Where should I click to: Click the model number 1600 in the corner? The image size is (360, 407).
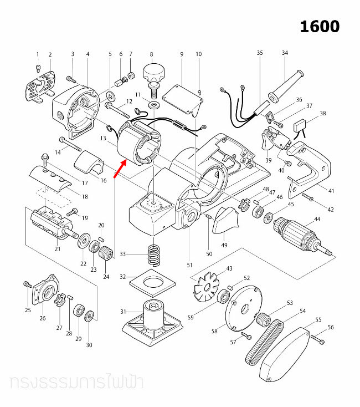click(x=320, y=26)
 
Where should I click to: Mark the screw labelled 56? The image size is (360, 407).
click(x=317, y=338)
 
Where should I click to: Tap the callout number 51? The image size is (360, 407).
click(x=190, y=265)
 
